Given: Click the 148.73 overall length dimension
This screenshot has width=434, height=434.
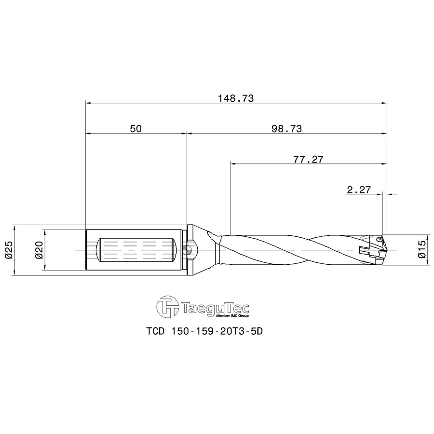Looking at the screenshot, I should (235, 98).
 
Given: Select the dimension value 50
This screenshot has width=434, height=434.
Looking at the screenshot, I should (136, 129).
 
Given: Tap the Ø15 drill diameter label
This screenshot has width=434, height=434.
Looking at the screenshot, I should (421, 250).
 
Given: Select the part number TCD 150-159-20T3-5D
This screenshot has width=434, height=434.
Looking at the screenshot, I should (206, 332).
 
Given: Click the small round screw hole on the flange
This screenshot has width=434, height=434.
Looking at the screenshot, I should (188, 249).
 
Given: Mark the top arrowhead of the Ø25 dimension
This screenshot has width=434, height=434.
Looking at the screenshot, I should (15, 227).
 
